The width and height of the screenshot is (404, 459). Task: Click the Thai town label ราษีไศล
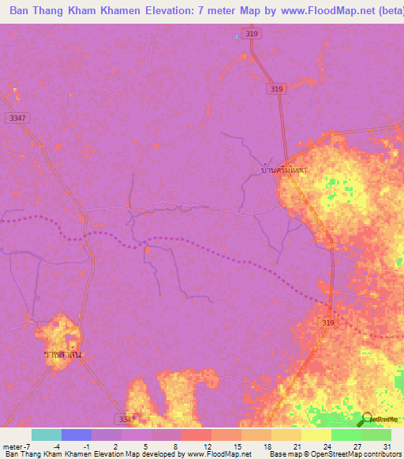click(64, 355)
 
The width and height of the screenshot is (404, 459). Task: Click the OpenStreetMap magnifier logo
click(365, 419)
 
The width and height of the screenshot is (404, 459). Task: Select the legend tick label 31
click(386, 447)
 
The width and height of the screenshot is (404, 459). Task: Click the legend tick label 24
click(326, 447)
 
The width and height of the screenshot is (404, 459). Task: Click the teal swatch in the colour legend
click(47, 435)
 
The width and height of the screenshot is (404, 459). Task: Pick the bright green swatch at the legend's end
click(376, 435)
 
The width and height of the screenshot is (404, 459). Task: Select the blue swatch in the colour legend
click(77, 435)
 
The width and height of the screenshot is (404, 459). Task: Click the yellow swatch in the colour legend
click(316, 435)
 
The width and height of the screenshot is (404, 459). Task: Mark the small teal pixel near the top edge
click(237, 35)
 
